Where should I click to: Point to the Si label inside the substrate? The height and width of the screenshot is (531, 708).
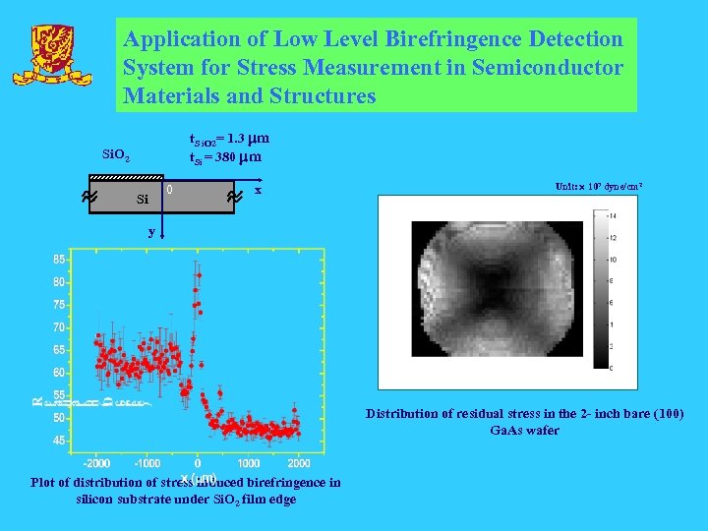click(x=142, y=200)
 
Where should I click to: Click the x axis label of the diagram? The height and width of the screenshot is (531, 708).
click(x=258, y=189)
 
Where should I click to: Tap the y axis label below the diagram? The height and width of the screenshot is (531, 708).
click(x=150, y=233)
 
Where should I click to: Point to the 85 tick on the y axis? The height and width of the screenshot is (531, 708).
click(x=60, y=260)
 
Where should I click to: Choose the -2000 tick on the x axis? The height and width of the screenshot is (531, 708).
click(x=95, y=463)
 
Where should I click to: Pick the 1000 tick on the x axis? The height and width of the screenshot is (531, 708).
click(x=249, y=463)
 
